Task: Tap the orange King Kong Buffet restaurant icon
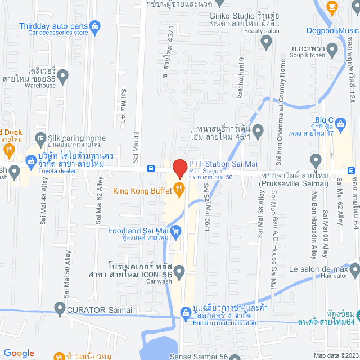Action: click(179, 190)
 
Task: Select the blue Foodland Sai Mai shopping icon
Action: click(175, 229)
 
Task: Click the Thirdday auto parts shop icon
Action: click(95, 26)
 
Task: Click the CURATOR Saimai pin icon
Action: click(60, 307)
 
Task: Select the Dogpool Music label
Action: click(332, 30)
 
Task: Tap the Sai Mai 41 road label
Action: click(123, 105)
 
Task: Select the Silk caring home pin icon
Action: click(40, 138)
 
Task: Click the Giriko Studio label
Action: click(225, 16)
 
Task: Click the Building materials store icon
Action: click(184, 312)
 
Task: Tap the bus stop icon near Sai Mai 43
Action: click(151, 168)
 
